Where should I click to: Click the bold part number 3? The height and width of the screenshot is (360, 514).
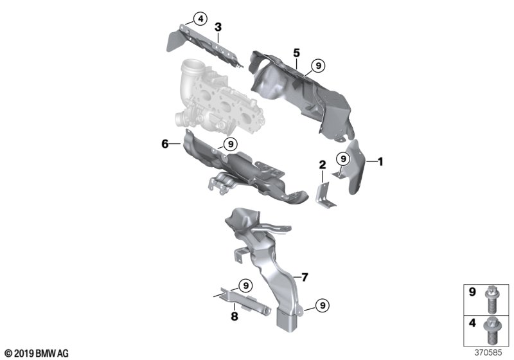click(x=218, y=27)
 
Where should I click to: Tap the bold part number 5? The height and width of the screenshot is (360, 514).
click(x=297, y=53)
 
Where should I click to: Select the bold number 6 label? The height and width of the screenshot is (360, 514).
click(x=165, y=143)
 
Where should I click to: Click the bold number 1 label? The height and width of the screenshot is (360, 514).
click(x=380, y=161)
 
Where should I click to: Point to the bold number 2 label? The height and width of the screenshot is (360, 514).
click(x=323, y=165)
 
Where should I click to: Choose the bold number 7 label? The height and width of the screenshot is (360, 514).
click(x=305, y=277)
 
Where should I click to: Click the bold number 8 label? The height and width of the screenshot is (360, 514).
click(x=235, y=316)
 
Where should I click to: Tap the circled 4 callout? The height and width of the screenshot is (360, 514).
click(x=200, y=19)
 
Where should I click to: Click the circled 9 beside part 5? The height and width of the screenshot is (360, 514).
click(x=317, y=66)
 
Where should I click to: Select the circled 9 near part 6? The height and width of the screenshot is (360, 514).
click(x=231, y=144)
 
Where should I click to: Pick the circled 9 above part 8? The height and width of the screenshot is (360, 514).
click(x=245, y=285)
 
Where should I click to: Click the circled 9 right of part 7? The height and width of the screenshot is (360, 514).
click(x=323, y=305)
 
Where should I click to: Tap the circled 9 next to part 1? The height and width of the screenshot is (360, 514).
click(x=343, y=159)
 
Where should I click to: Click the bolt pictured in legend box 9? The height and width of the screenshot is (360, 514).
click(x=490, y=299)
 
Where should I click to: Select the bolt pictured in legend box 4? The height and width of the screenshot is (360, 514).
click(x=490, y=330)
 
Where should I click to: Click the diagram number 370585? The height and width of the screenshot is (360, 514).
click(x=488, y=353)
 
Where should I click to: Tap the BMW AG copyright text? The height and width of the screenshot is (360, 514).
click(x=37, y=354)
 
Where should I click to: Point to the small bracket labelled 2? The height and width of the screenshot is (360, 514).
click(x=325, y=195)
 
